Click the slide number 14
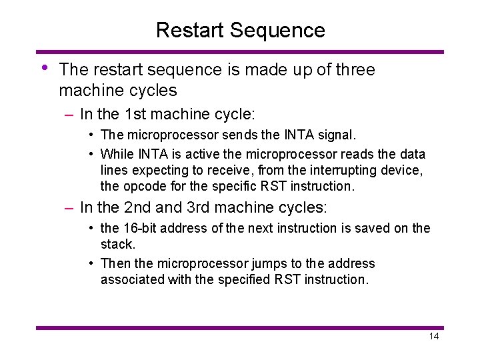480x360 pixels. (x=433, y=337)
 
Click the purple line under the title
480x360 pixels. (x=240, y=51)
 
